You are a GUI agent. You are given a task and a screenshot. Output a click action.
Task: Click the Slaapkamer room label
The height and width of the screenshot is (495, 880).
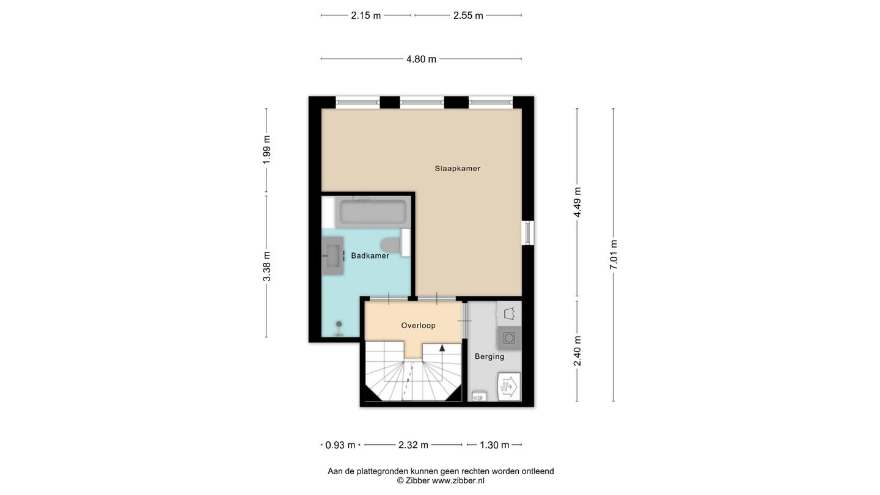click(x=457, y=169)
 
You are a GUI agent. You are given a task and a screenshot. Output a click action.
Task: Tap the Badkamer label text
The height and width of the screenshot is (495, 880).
click(x=370, y=255)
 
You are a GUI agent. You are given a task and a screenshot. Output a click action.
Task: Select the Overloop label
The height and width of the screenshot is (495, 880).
click(x=418, y=326)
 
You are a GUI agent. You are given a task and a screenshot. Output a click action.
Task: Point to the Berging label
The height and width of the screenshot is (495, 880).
click(x=489, y=356)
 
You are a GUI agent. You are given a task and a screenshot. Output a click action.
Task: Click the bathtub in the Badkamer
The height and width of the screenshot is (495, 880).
click(x=373, y=212)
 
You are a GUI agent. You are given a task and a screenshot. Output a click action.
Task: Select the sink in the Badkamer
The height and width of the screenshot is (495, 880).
click(x=332, y=255)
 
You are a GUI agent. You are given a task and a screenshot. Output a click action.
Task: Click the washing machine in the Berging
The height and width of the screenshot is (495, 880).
click(x=508, y=338)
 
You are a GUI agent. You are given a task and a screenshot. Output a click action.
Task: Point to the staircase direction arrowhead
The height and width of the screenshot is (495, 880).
click(x=442, y=348)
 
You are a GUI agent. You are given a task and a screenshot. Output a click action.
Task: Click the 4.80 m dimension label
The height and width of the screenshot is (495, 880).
click(x=421, y=59)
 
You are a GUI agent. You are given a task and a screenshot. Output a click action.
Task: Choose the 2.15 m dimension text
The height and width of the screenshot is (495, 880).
click(x=365, y=16)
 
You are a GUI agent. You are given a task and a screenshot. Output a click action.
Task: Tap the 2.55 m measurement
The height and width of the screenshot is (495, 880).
click(x=468, y=16)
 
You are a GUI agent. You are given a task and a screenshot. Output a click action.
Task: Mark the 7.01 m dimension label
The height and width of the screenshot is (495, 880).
click(x=614, y=255)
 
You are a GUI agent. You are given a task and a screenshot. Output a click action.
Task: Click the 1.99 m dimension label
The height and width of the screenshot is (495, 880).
click(x=266, y=150)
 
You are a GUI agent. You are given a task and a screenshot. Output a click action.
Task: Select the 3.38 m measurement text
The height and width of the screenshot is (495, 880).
click(x=266, y=266)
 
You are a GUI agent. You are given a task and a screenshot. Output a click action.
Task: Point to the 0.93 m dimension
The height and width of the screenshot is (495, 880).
click(x=340, y=445)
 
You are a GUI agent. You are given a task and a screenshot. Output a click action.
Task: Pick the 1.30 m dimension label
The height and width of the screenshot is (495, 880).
click(x=494, y=445)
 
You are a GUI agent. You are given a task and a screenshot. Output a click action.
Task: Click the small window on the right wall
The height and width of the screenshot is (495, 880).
click(x=527, y=233)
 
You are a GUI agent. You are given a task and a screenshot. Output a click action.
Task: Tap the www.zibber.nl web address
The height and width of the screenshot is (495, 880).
click(x=458, y=480)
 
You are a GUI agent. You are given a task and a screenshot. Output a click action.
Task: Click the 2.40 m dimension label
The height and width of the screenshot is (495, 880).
click(x=577, y=351)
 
